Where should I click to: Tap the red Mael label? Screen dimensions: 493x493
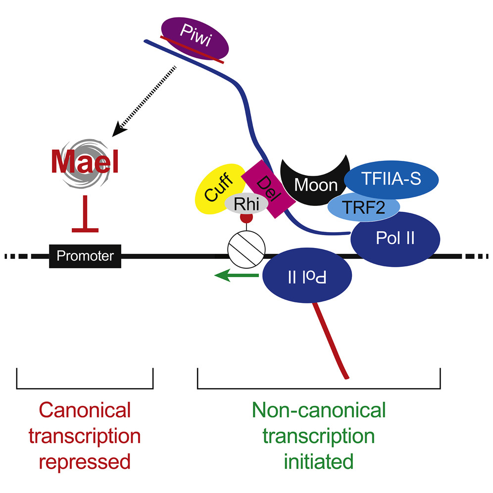click(x=85, y=162)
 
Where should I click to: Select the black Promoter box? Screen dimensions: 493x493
click(x=85, y=256)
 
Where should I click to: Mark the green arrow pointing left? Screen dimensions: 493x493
click(x=236, y=276)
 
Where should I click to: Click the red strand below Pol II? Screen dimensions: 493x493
click(x=331, y=342)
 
